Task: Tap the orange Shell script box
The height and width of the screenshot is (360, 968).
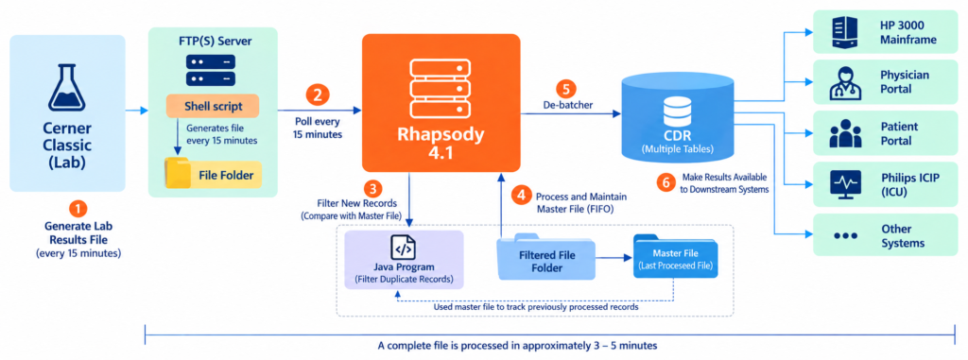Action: tap(213, 106)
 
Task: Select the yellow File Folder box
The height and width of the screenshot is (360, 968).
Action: tap(213, 175)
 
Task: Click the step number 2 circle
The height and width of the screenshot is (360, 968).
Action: tap(318, 95)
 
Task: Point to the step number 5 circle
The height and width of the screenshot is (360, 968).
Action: tap(565, 88)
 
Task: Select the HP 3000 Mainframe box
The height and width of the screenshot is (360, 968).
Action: tap(888, 32)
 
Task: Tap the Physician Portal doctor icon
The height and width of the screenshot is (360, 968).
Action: tap(845, 82)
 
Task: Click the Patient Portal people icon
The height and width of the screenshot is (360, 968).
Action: tap(845, 133)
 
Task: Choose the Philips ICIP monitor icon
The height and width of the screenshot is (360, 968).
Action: tap(845, 184)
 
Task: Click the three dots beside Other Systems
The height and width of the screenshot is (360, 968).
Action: tap(845, 236)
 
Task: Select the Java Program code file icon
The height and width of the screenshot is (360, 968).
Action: tap(403, 248)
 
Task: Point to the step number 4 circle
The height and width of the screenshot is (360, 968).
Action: tap(522, 196)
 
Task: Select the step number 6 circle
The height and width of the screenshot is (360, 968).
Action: tap(665, 183)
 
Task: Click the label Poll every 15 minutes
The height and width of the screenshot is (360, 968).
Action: tap(318, 126)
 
